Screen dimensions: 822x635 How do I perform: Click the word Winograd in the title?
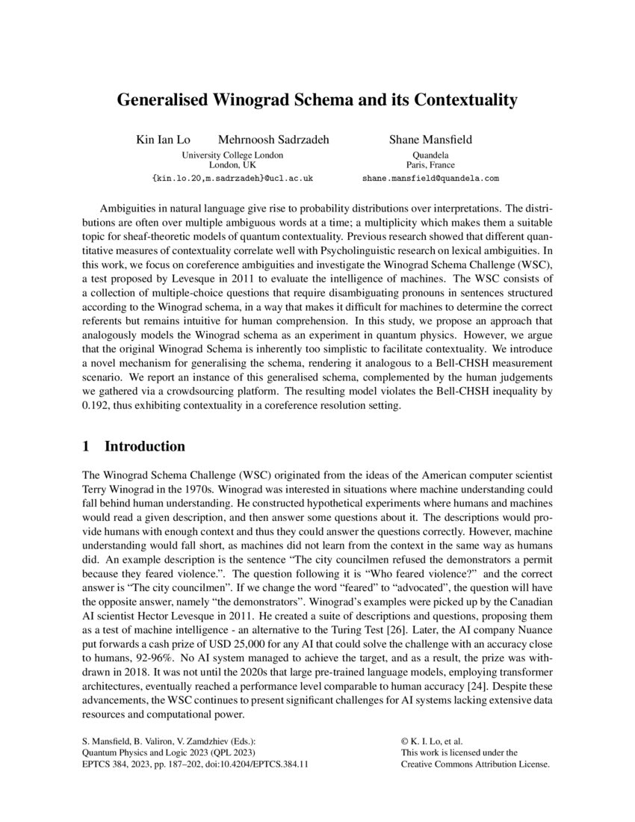point(251,100)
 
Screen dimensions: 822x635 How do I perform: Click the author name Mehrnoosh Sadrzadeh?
point(273,140)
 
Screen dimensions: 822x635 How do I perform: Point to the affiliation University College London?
point(232,155)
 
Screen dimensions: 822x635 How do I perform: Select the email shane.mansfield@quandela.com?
point(430,179)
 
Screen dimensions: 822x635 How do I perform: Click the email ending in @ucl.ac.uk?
point(232,179)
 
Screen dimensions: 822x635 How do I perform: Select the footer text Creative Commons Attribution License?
point(475,765)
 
